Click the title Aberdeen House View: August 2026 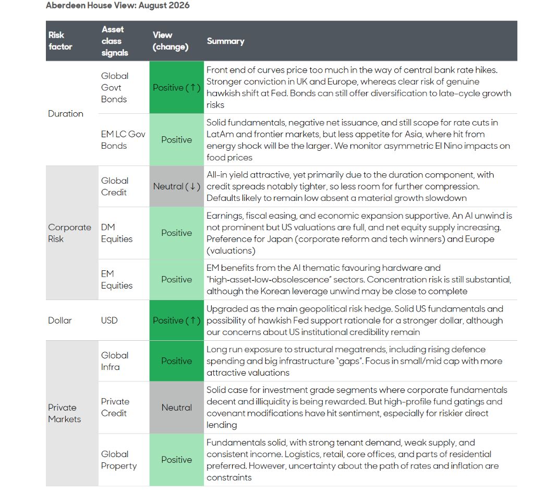(118, 5)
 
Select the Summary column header (225, 41)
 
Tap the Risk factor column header (60, 41)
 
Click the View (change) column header (171, 41)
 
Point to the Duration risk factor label (66, 113)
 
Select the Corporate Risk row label (69, 233)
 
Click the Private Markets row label (65, 413)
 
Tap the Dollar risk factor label (60, 320)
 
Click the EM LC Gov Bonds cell (123, 139)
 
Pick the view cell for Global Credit (176, 186)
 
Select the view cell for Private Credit (176, 408)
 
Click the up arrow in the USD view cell (193, 320)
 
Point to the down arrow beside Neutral (193, 186)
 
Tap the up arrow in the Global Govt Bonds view (193, 88)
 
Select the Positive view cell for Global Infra (176, 361)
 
